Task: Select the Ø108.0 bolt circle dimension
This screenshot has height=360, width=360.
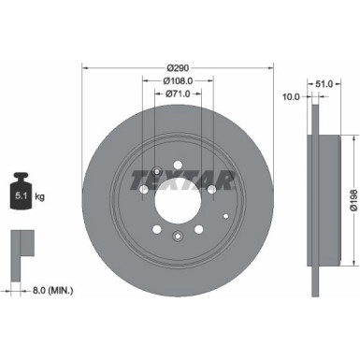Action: pyautogui.click(x=178, y=80)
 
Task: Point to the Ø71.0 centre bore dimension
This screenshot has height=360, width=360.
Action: pyautogui.click(x=178, y=94)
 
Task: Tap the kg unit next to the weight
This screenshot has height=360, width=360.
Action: pyautogui.click(x=39, y=196)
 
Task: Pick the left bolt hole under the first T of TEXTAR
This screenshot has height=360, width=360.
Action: pyautogui.click(x=143, y=190)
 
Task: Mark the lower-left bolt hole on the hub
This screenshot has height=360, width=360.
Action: pyautogui.click(x=156, y=229)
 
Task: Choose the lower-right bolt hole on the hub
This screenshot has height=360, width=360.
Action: pyautogui.click(x=198, y=229)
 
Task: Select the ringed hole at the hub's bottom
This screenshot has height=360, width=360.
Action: pyautogui.click(x=178, y=238)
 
